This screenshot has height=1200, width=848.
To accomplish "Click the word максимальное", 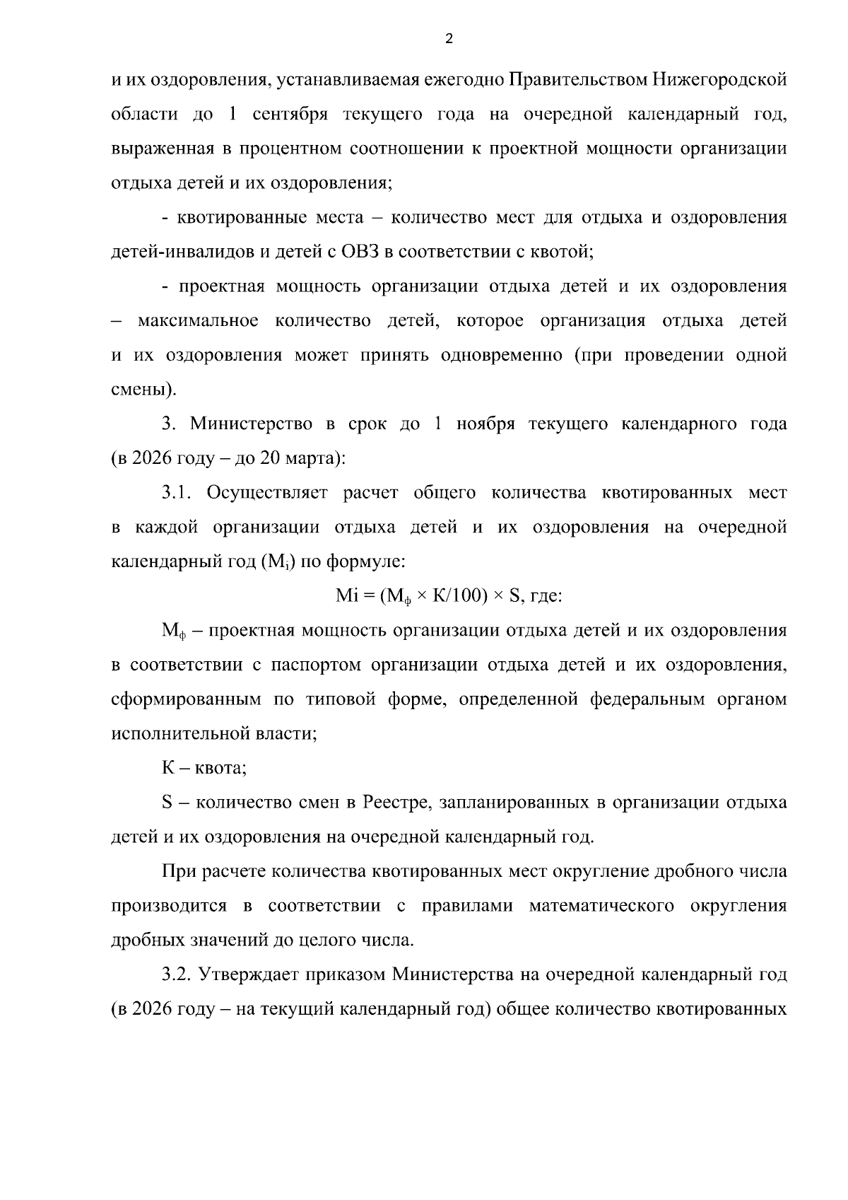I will coord(198,321).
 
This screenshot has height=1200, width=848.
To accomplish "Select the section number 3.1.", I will coord(176,493).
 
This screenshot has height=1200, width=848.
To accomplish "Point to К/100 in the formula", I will coord(459,596).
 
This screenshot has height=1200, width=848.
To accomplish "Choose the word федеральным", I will coord(647,700).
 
